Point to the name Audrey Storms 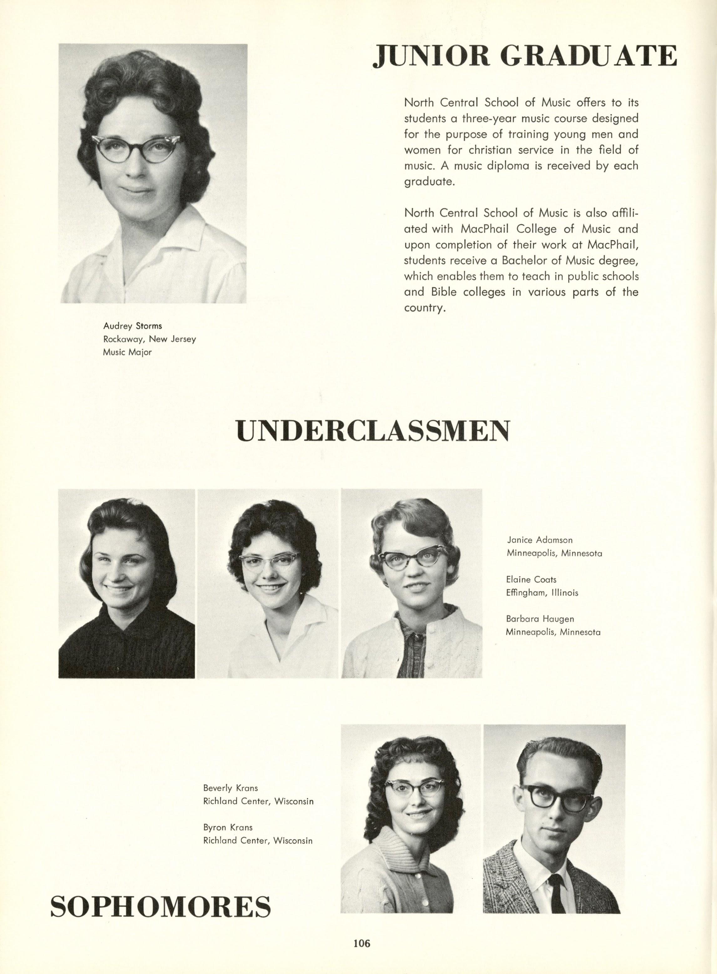click(132, 326)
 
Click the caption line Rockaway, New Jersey click(149, 339)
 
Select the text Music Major click(127, 352)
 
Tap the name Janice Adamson click(540, 540)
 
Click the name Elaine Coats click(531, 579)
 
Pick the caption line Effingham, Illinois click(542, 592)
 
